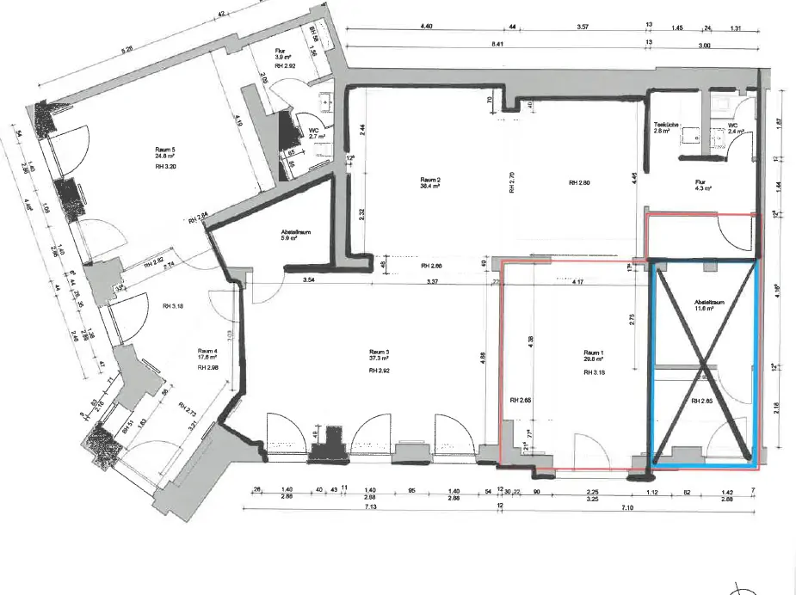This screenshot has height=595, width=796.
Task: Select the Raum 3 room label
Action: [x=379, y=352]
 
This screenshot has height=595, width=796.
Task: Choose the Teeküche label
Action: [x=668, y=123]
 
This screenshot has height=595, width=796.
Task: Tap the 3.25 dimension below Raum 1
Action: [x=592, y=498]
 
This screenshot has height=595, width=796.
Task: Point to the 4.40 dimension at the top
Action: [x=425, y=28]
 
